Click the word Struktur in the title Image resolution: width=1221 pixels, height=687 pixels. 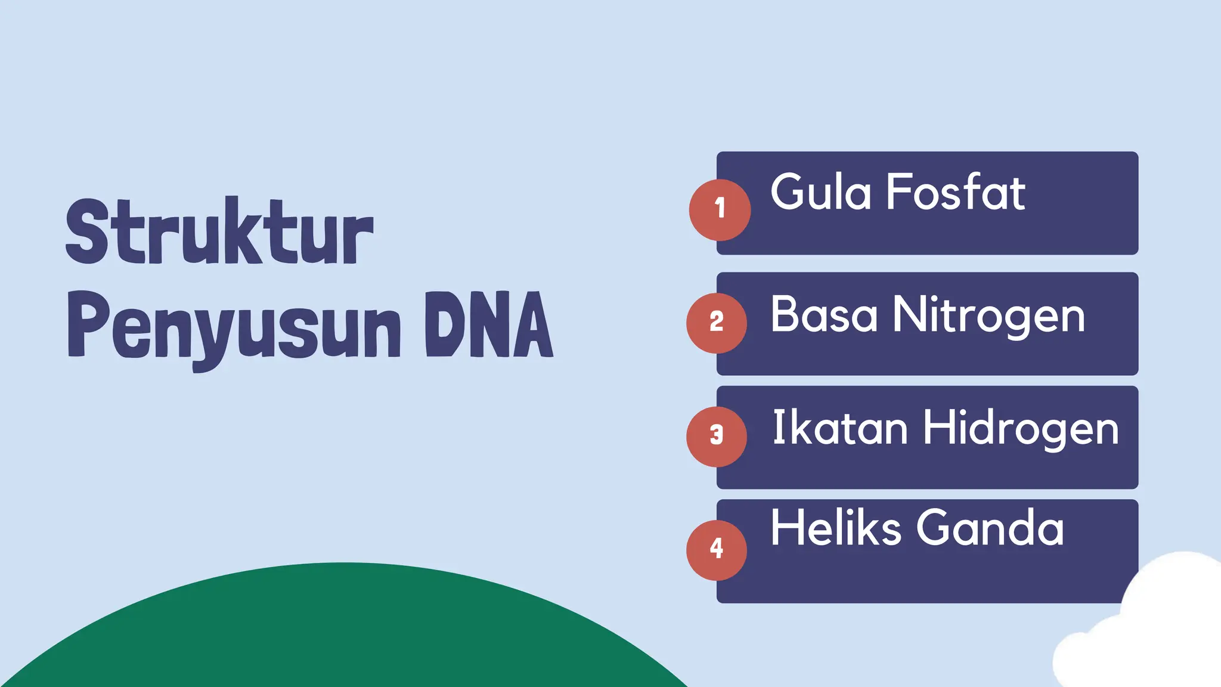click(219, 231)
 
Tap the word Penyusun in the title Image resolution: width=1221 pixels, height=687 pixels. click(234, 327)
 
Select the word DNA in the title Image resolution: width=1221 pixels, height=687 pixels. click(489, 324)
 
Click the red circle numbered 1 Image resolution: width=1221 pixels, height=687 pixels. click(720, 209)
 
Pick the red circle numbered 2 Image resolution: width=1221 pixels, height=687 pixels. click(717, 323)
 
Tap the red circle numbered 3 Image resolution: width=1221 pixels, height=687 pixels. click(717, 436)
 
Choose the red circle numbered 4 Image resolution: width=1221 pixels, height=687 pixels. click(717, 550)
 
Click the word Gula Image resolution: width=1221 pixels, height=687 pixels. click(820, 192)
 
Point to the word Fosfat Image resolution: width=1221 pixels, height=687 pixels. click(956, 192)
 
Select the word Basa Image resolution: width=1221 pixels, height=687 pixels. click(823, 314)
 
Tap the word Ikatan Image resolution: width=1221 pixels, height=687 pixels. click(839, 428)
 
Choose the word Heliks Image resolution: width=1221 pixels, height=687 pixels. click(835, 527)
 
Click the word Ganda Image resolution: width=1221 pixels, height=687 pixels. click(990, 528)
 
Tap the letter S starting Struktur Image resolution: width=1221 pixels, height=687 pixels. click(88, 231)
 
